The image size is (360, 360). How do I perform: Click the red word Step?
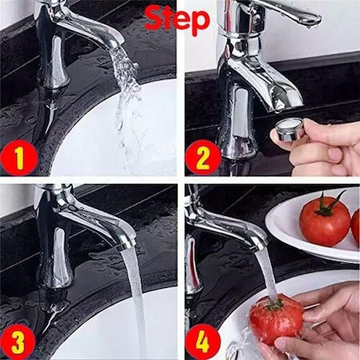[x=177, y=19]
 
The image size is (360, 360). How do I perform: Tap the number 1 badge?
[x=19, y=158]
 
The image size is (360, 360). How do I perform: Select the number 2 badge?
[x=202, y=158]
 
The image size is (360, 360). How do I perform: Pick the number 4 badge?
[x=203, y=342]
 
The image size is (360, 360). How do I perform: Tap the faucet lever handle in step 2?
[x=290, y=10]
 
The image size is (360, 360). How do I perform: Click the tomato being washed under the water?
[x=276, y=318]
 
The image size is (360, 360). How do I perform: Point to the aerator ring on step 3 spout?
[x=126, y=246]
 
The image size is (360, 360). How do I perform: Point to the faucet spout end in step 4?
[x=259, y=242]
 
